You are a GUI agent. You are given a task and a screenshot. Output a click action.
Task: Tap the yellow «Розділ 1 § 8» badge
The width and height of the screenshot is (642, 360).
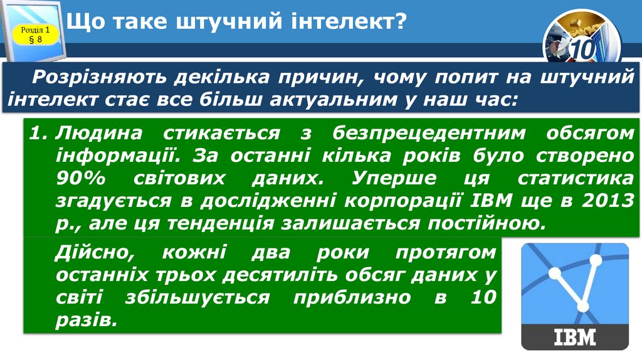coord(35,34)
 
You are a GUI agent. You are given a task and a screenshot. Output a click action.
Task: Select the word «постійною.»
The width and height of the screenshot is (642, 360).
coord(479,223)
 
